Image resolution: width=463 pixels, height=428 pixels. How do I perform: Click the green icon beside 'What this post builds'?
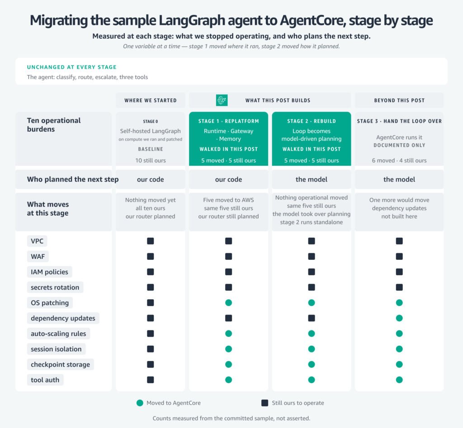[222, 100]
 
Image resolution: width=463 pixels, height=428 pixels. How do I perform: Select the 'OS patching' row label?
[50, 303]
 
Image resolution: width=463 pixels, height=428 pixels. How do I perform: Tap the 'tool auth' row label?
[45, 380]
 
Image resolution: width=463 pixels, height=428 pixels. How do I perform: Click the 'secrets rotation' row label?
[55, 287]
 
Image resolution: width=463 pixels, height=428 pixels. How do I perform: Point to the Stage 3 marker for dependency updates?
[399, 318]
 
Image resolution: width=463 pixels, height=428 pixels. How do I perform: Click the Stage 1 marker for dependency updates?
[228, 318]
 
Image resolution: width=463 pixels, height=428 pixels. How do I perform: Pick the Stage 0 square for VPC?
[150, 241]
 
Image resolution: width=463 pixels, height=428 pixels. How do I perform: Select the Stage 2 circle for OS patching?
[312, 303]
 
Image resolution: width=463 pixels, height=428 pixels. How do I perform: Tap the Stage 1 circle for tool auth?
[228, 380]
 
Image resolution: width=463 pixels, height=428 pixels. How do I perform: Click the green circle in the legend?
[140, 403]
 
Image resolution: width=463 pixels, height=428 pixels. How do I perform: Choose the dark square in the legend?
[265, 403]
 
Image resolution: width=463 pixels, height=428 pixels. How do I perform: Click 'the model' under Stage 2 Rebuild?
[312, 179]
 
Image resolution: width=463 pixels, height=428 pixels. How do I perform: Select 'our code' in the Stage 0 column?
[150, 179]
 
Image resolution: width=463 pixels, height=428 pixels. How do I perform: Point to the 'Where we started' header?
[151, 100]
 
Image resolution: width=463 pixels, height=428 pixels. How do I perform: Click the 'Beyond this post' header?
[399, 100]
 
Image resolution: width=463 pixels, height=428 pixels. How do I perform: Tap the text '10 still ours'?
[151, 160]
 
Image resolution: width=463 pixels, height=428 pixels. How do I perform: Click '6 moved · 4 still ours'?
[399, 160]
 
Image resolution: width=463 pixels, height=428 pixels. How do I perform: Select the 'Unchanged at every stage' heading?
[72, 67]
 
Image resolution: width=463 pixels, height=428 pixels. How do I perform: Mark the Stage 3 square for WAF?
[399, 257]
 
